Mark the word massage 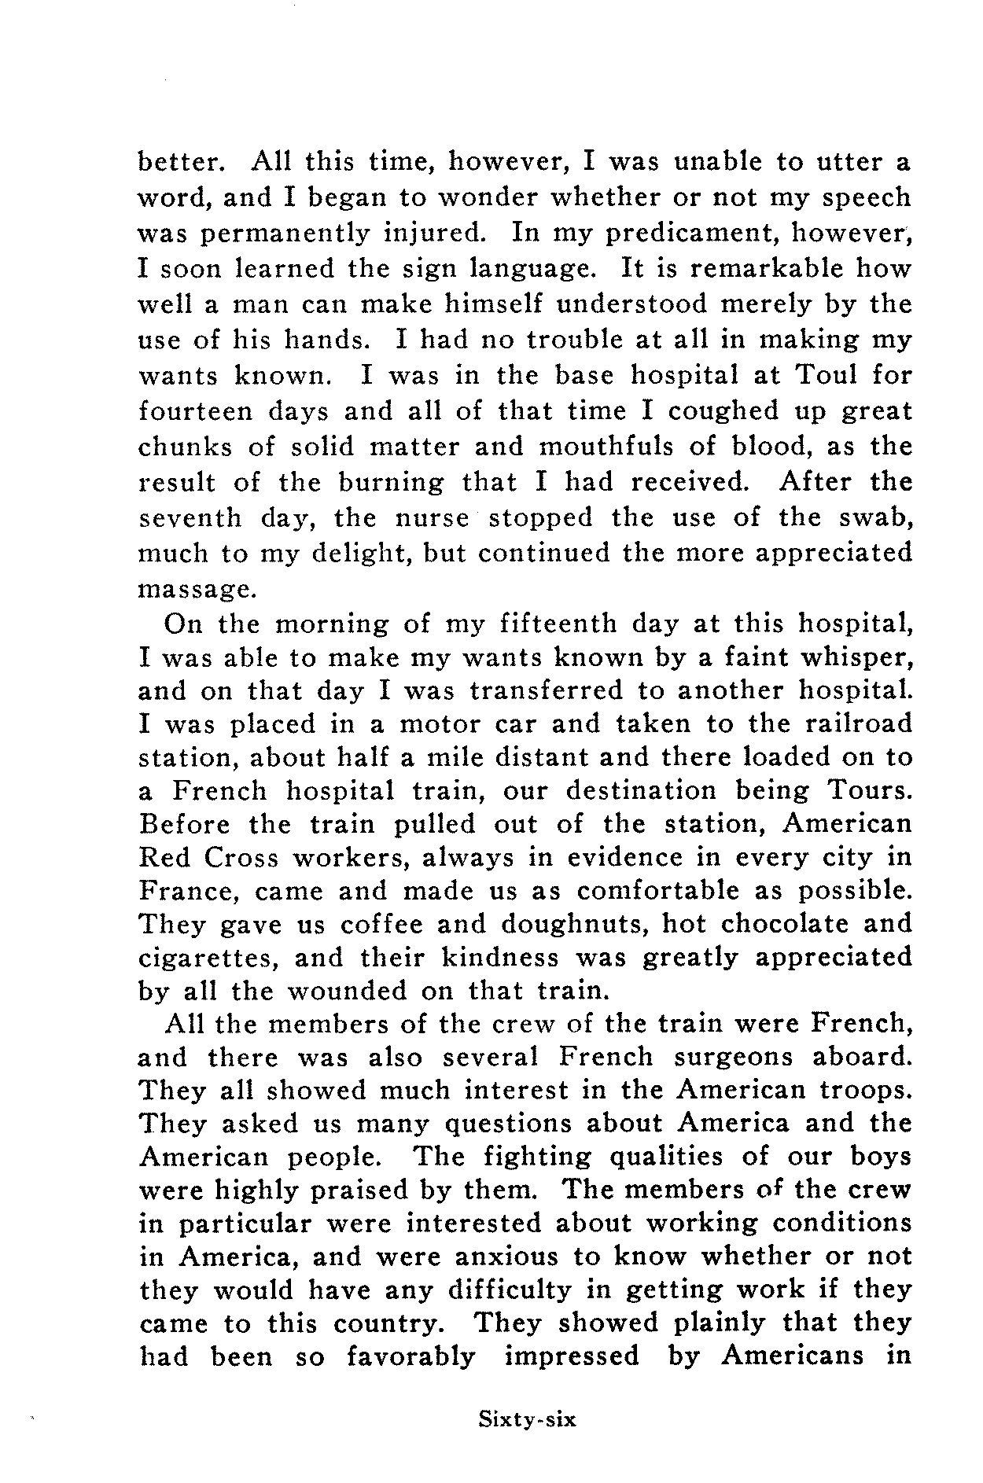pos(186,588)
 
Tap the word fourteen pos(194,410)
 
